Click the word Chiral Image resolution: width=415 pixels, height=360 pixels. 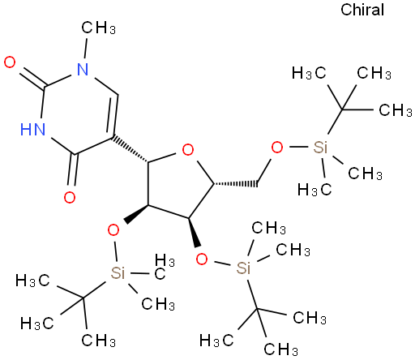pos(362,10)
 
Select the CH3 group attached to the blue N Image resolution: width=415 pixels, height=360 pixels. pos(99,28)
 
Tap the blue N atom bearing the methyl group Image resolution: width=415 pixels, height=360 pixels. pos(83,70)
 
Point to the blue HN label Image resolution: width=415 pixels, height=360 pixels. pos(33,129)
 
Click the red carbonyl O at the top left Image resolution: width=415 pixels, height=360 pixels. pos(10,62)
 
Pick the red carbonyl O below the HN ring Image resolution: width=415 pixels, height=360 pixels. pos(70,197)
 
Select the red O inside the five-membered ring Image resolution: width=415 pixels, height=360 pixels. pos(188,149)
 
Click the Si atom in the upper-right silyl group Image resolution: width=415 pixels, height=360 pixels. pos(320,148)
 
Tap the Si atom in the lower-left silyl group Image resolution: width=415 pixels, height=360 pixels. pos(118,273)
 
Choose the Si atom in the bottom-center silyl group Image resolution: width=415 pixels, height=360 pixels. pos(243,268)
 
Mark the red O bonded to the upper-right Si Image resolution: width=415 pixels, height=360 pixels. pos(277,148)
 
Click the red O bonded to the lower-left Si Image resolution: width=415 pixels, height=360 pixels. pos(113,230)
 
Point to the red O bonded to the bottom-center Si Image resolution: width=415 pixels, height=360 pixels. pos(202,259)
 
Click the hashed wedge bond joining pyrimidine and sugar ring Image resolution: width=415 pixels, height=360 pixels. pos(130,149)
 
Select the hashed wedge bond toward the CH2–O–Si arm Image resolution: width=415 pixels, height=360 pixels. pos(235,184)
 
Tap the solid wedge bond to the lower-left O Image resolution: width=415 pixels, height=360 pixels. pos(136,214)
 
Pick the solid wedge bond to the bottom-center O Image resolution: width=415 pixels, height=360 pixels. pos(195,232)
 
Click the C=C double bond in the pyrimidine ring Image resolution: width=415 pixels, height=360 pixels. pos(113,117)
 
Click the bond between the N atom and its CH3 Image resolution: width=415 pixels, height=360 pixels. pos(86,48)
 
